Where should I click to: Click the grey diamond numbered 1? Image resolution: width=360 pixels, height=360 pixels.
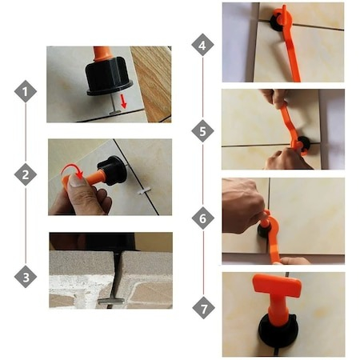(x=26, y=91)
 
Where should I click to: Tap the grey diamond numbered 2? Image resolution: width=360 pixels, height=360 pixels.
(x=26, y=174)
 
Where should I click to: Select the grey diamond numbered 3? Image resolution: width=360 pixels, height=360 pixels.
(x=26, y=277)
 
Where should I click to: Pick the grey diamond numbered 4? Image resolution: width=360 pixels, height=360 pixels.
(x=202, y=45)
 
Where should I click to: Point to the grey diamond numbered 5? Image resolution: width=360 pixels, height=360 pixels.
(x=202, y=131)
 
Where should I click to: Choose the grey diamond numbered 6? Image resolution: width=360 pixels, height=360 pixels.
(x=203, y=218)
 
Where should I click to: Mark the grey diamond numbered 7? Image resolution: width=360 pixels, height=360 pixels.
(x=203, y=308)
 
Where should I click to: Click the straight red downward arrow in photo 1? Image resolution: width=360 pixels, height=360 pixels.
(x=123, y=102)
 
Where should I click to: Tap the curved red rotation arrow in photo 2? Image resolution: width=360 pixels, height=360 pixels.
(x=72, y=171)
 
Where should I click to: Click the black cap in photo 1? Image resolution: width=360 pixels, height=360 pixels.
(x=110, y=76)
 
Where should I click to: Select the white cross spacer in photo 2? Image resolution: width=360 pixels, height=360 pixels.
(x=145, y=190)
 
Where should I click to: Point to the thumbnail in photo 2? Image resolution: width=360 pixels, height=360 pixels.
(x=77, y=182)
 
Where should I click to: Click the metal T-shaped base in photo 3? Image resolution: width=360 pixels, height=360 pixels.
(x=111, y=302)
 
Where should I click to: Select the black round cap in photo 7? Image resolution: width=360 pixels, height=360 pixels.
(x=278, y=332)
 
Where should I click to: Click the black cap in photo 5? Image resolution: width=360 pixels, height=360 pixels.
(x=304, y=144)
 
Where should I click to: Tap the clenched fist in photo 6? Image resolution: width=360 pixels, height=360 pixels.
(x=242, y=206)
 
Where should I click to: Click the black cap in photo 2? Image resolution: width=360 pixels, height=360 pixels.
(x=112, y=170)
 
